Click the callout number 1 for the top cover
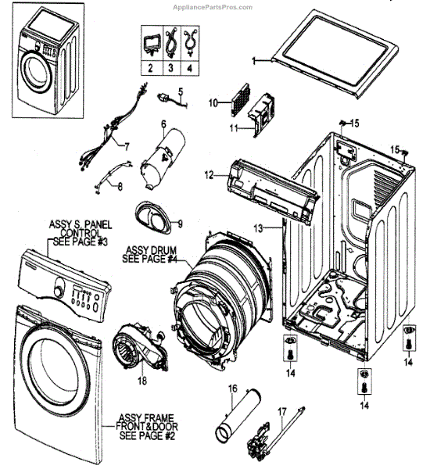coord(254,61)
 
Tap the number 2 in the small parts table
coord(150,68)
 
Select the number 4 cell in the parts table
coord(189,68)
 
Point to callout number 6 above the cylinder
coord(163,124)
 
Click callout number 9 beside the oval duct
coord(180,224)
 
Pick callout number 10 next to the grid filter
coord(213,103)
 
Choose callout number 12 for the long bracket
coord(209,174)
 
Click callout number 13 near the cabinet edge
coord(258,228)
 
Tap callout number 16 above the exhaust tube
coord(232,388)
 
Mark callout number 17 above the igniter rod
coord(282,412)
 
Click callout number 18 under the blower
coord(142,381)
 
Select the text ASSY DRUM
coord(151,250)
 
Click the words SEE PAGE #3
coord(81,242)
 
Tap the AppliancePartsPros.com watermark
coord(213,7)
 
